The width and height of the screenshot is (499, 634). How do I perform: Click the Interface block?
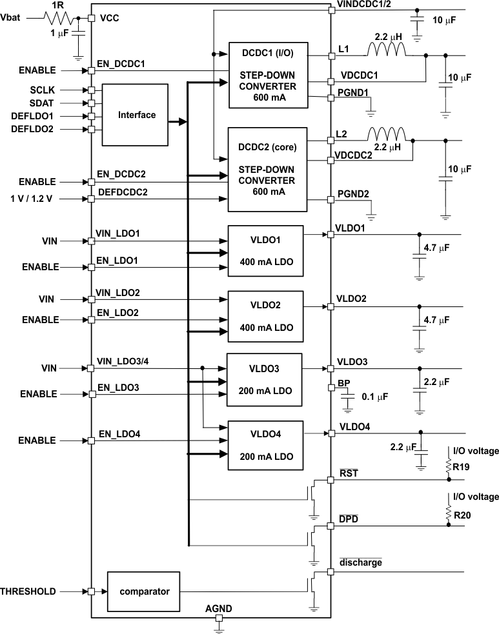point(137,115)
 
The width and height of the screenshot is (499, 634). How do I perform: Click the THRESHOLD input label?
point(28,591)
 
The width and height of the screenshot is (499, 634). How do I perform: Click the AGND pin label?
point(218,608)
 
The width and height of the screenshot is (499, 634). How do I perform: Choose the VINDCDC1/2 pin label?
point(363,5)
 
